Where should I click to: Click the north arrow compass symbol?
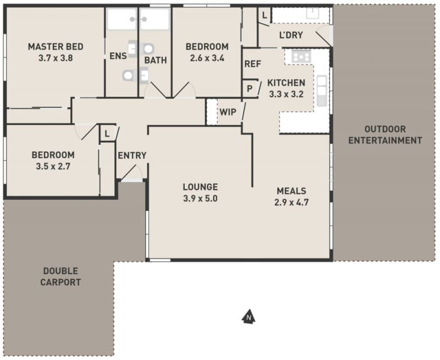[x=249, y=317]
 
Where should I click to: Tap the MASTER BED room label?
[x=56, y=47]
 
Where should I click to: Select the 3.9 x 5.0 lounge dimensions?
[x=200, y=199]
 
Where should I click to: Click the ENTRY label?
[x=132, y=155]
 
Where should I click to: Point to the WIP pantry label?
[x=228, y=112]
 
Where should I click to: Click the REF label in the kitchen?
[x=253, y=64]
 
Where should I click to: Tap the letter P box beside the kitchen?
[x=250, y=89]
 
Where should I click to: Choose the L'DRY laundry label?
[x=291, y=35]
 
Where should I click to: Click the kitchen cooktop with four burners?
[x=301, y=57]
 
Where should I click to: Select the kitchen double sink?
[x=322, y=90]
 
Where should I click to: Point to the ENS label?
[x=118, y=56]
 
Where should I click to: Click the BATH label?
[x=156, y=60]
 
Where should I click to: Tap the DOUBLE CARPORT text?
[x=61, y=276]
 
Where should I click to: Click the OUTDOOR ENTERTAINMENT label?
[x=386, y=135]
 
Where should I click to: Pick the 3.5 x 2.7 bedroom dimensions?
[x=53, y=167]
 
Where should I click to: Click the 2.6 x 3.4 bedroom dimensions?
[x=207, y=58]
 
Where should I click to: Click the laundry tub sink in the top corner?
[x=313, y=13]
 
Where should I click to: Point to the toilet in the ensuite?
[x=128, y=75]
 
